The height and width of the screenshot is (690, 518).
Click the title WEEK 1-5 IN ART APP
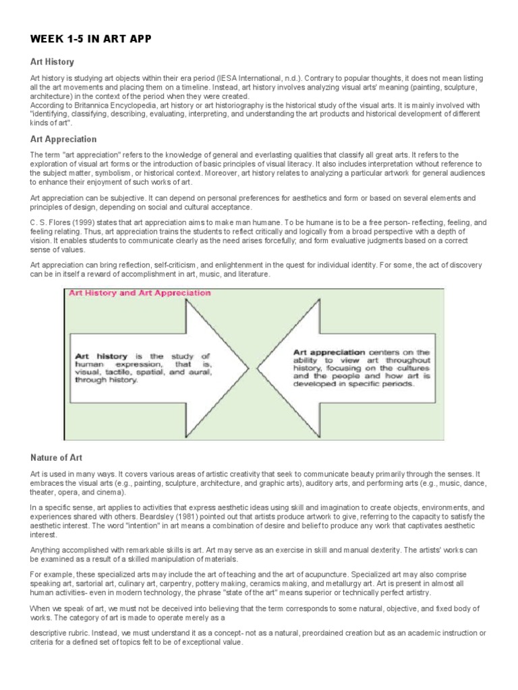click(x=91, y=39)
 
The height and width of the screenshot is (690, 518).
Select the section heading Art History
click(x=51, y=62)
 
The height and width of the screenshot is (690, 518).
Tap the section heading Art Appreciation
click(x=63, y=139)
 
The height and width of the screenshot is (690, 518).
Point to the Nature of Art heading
click(x=57, y=458)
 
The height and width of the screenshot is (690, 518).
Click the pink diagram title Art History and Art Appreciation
click(x=138, y=293)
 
